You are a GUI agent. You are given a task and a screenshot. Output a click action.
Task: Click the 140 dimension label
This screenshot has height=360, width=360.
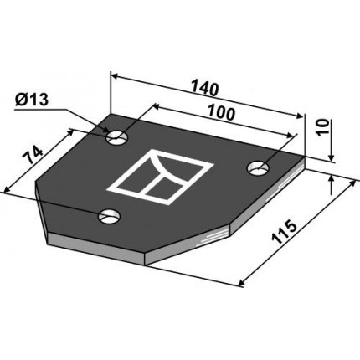point(204,88)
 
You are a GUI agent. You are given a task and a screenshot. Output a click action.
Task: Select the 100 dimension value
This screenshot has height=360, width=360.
point(222,113)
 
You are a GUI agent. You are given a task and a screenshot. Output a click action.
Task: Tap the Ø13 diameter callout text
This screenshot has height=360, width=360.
point(32,100)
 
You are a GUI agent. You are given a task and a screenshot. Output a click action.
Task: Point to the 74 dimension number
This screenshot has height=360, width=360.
point(33,154)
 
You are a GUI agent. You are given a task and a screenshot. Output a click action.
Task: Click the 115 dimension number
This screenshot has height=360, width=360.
point(284,232)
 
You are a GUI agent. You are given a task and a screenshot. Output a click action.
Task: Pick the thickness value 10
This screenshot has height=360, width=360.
point(324,127)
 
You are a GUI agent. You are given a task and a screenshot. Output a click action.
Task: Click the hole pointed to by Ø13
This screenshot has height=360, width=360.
point(117,137)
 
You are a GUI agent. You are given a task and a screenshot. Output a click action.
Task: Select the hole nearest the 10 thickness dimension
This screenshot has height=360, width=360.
point(258,168)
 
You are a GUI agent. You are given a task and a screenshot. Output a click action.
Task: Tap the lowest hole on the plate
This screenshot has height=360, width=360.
point(109,217)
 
